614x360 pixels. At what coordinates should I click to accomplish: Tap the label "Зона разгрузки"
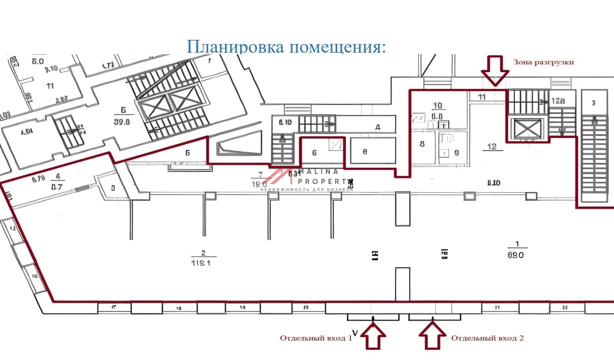tap(543, 62)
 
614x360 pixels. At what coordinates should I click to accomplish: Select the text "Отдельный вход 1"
tap(316, 338)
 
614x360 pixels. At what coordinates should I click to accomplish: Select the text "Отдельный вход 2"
tap(487, 338)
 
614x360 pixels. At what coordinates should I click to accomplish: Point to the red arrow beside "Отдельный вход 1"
tap(374, 336)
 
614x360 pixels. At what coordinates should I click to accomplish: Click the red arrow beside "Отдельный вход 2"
tap(432, 336)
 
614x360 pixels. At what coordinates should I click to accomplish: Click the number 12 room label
tap(492, 147)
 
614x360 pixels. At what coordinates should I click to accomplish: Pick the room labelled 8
tap(422, 144)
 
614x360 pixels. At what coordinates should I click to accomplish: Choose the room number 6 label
tap(314, 152)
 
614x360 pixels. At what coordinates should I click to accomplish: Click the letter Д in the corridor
tap(378, 127)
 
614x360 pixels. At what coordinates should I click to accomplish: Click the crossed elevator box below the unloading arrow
tap(527, 128)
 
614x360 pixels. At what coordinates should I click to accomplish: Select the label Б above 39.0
tap(123, 109)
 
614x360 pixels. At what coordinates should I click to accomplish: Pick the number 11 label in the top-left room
tap(50, 85)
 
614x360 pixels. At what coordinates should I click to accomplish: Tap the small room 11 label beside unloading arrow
tap(481, 96)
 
